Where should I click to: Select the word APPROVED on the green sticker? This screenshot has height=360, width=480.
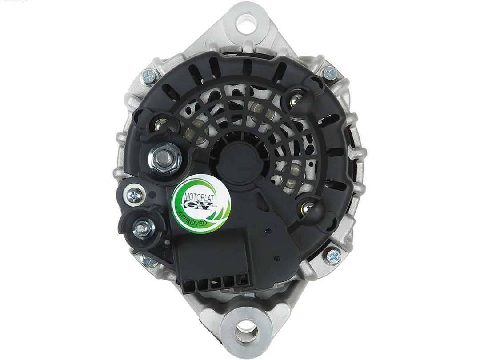(192, 219)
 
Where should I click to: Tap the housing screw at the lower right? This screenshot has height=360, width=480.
(332, 255)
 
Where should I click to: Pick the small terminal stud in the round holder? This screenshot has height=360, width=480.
(142, 228)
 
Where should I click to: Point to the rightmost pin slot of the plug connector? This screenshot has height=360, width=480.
(241, 282)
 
